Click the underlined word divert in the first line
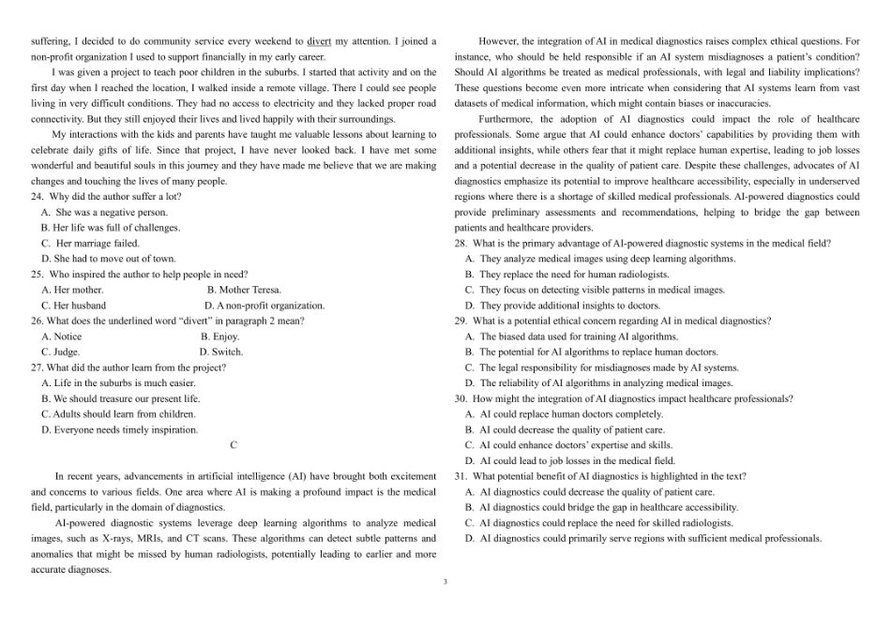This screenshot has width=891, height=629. coord(319,41)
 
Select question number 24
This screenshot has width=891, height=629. coord(38,197)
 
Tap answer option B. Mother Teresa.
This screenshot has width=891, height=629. coord(244,290)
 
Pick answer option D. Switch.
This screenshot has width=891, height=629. coord(221,352)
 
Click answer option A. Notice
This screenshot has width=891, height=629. coord(62,337)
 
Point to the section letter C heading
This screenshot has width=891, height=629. coord(234,445)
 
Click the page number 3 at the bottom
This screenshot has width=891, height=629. coord(445,582)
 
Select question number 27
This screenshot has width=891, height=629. coord(38,367)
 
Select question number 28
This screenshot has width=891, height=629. coord(461,243)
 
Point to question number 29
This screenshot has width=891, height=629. coord(461,321)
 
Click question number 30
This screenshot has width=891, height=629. coord(461,398)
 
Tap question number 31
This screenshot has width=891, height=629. coord(461,476)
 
